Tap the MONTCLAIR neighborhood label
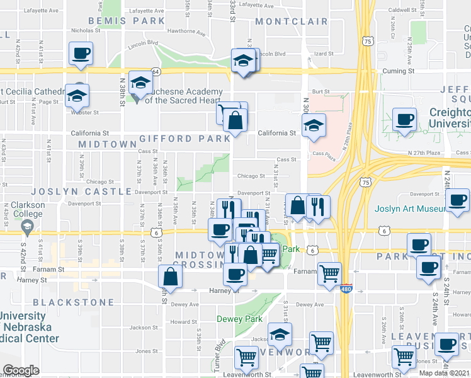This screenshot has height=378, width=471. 293,21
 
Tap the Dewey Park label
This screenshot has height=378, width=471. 239,319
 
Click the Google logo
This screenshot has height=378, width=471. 20,370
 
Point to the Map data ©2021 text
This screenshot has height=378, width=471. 445,373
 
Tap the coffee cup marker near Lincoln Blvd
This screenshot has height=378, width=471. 81,54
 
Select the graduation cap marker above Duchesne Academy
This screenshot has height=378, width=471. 141,83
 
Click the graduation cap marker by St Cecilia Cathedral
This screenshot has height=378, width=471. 77,96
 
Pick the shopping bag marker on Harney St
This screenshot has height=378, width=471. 171,276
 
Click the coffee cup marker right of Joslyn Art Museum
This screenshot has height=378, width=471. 457,202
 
